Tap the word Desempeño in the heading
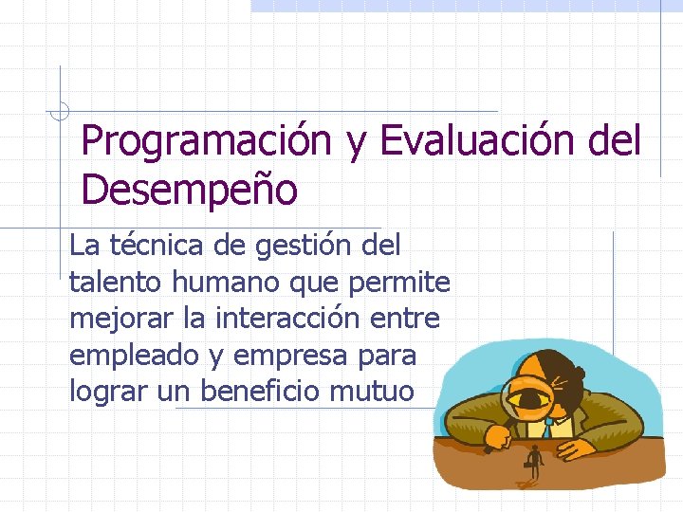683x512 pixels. (190, 190)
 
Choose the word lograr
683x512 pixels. (106, 392)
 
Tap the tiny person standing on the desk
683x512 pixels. (535, 463)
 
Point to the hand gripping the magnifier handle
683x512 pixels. (495, 435)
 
